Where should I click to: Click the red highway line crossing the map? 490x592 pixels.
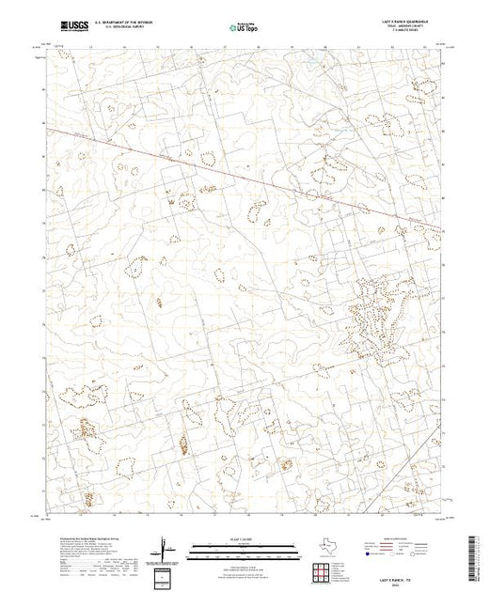(235, 172)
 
